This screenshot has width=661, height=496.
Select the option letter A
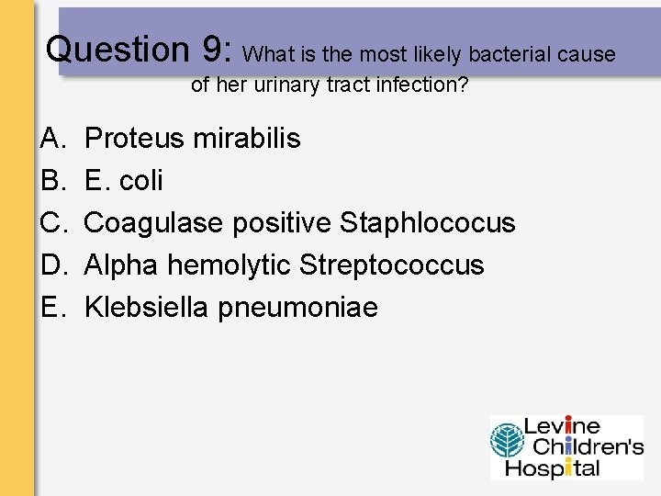(x=50, y=139)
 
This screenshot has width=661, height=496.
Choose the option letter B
(x=50, y=181)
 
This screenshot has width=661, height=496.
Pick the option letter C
(x=50, y=223)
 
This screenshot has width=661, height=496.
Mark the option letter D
(x=50, y=265)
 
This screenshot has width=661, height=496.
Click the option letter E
(x=50, y=308)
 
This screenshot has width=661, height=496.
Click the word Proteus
(x=135, y=139)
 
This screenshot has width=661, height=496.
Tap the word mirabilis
(x=247, y=139)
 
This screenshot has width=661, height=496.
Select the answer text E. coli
(x=123, y=181)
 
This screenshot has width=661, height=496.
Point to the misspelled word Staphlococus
(x=428, y=223)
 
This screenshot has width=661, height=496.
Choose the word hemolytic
(x=230, y=265)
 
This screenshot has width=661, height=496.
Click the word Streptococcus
(x=392, y=265)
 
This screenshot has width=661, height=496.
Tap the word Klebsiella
(x=147, y=308)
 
